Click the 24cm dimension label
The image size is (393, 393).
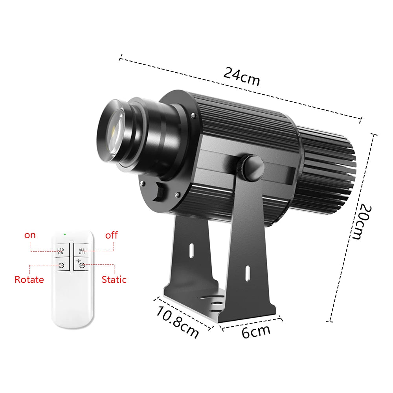point(242,76)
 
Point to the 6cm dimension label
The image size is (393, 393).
point(256,331)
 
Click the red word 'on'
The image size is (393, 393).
point(30,235)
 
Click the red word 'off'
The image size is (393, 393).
point(111,235)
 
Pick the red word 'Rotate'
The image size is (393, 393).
point(29,280)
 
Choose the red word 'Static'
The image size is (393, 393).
point(114,280)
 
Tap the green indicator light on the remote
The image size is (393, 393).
point(65,235)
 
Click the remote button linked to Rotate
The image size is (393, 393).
point(61,265)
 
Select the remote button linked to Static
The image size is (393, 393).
point(82,265)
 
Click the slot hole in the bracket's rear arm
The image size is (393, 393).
point(191,250)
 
